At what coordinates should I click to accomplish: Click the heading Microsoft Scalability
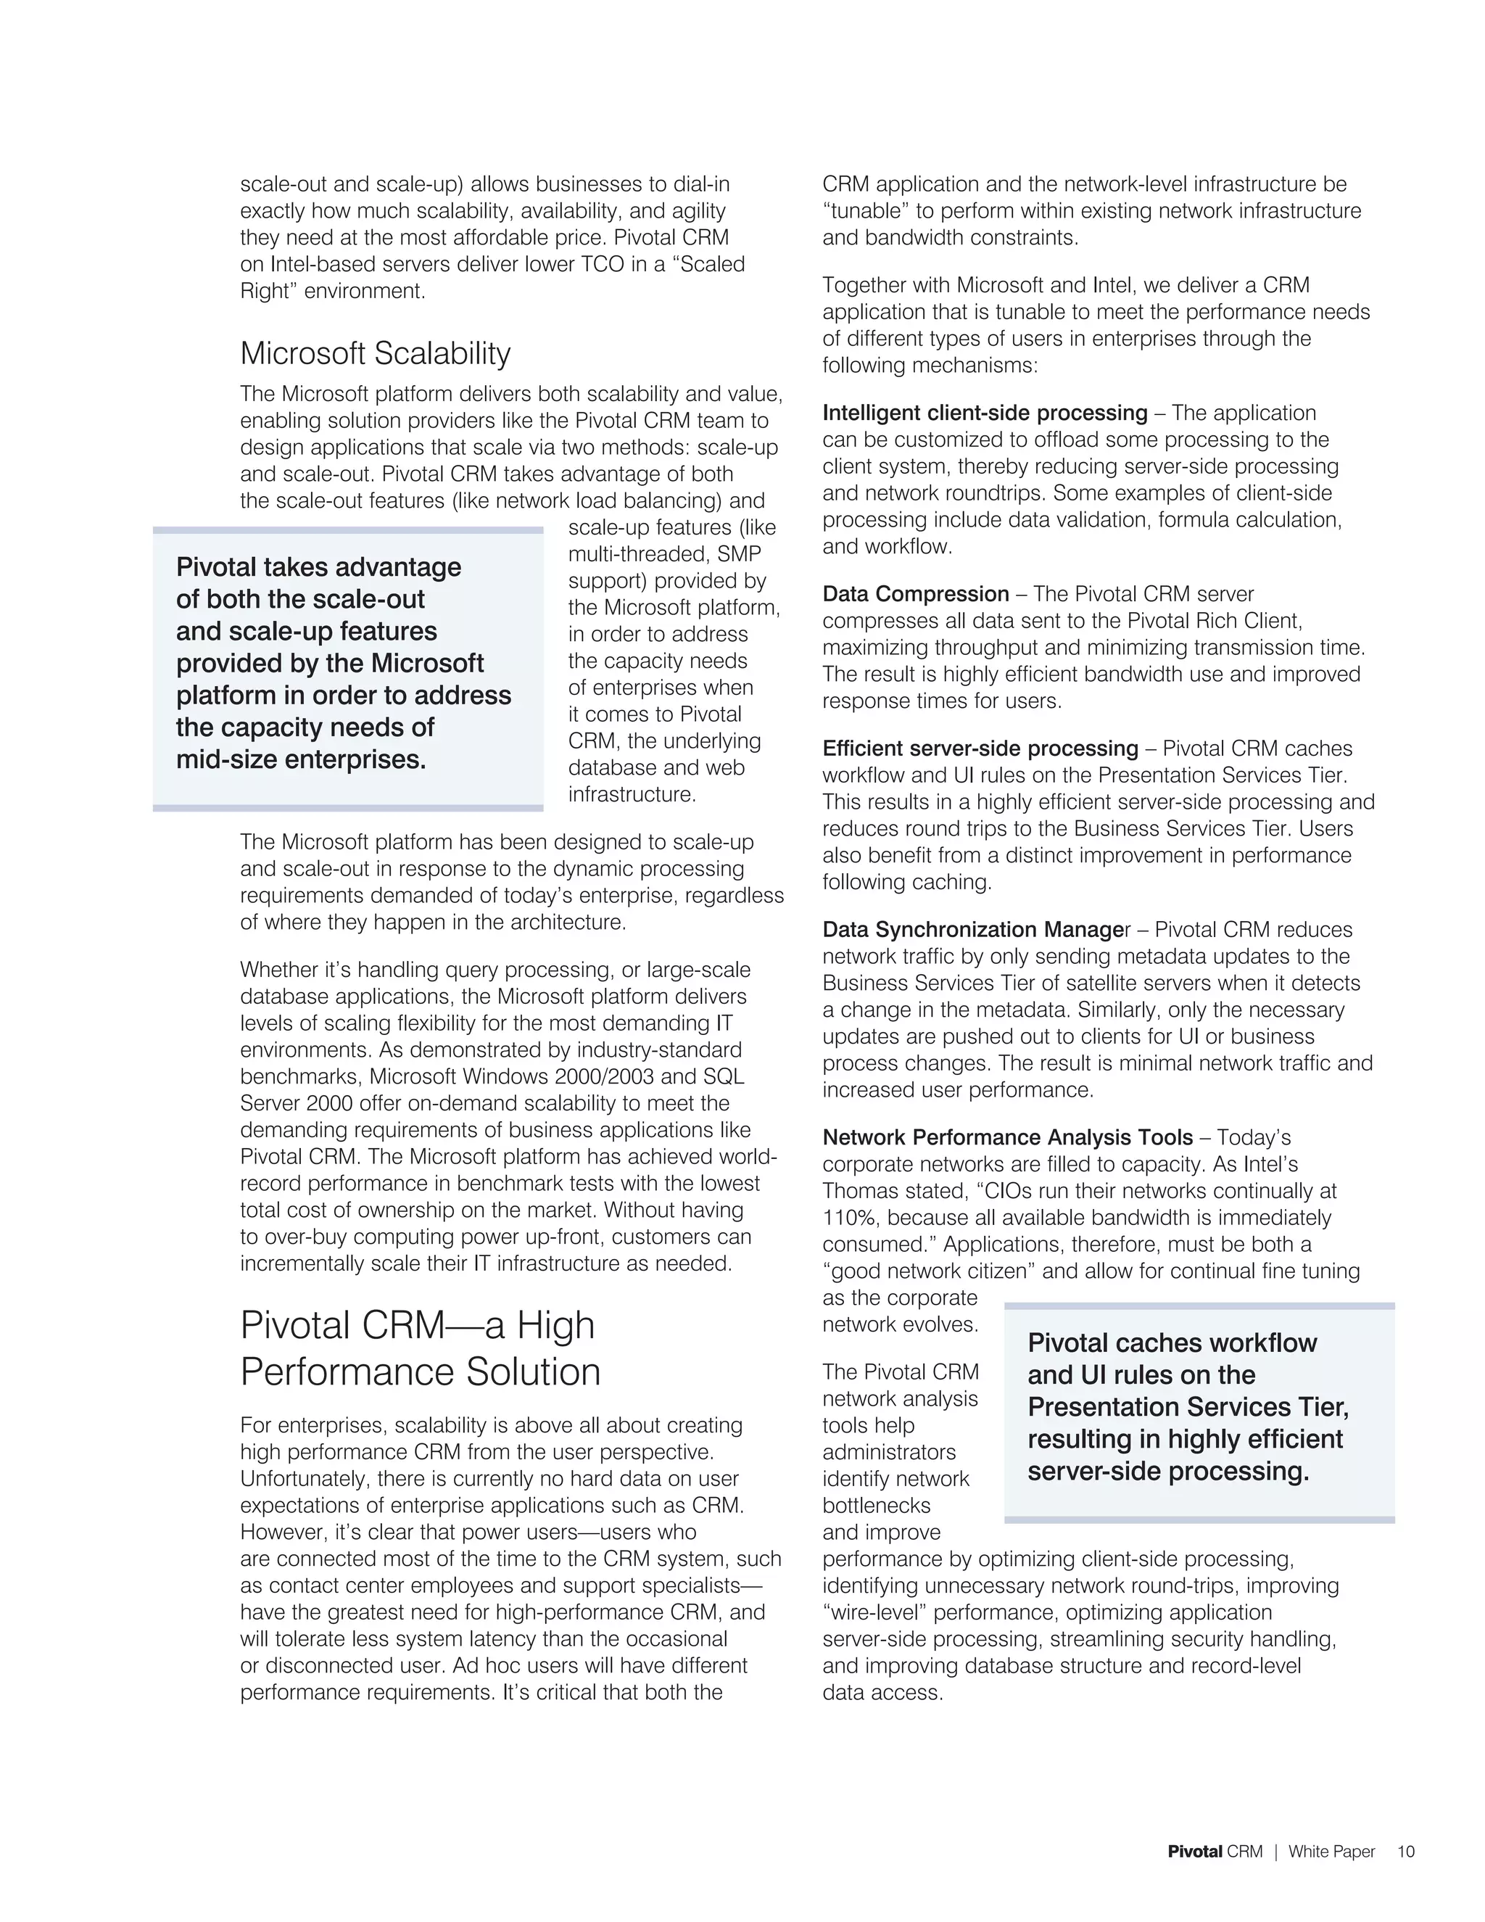pyautogui.click(x=375, y=353)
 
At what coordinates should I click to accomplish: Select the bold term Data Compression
pyautogui.click(x=915, y=594)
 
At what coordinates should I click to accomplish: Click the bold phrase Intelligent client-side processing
pyautogui.click(x=985, y=413)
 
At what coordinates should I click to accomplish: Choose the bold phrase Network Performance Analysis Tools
pyautogui.click(x=1007, y=1137)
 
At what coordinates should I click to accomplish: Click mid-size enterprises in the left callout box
pyautogui.click(x=301, y=759)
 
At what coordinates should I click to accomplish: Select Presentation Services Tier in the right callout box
pyautogui.click(x=1188, y=1407)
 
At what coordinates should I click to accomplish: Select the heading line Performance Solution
pyautogui.click(x=420, y=1372)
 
